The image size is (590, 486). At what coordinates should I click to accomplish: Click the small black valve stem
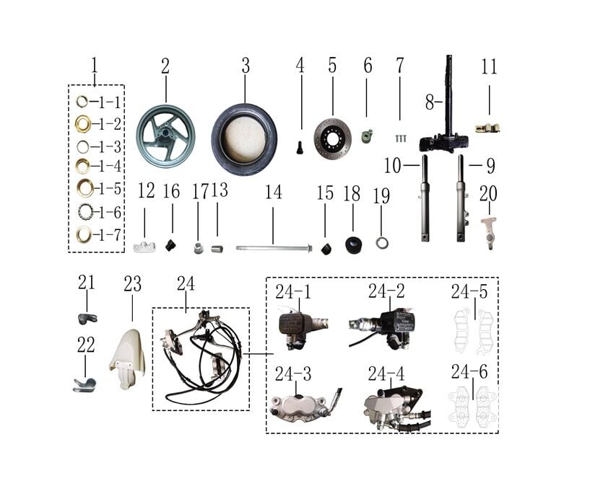click(x=300, y=147)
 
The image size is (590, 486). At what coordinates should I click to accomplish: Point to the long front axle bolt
click(x=274, y=248)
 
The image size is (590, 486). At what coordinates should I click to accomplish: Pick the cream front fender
click(x=127, y=359)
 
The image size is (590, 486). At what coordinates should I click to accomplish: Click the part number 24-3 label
click(x=293, y=374)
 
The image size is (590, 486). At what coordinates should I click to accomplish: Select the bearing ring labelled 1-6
click(x=86, y=211)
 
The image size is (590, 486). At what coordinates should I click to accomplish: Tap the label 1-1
click(x=110, y=102)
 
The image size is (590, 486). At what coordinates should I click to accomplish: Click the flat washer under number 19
click(x=382, y=243)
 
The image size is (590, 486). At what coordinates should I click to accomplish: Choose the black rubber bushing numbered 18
click(x=354, y=245)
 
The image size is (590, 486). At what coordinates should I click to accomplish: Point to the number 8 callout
click(x=430, y=102)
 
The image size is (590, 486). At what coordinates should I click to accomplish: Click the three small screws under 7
click(x=401, y=138)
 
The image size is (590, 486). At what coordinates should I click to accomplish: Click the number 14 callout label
click(x=273, y=192)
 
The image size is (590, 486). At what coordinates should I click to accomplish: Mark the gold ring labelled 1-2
click(x=83, y=123)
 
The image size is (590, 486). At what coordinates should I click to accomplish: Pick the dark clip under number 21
click(x=87, y=319)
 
